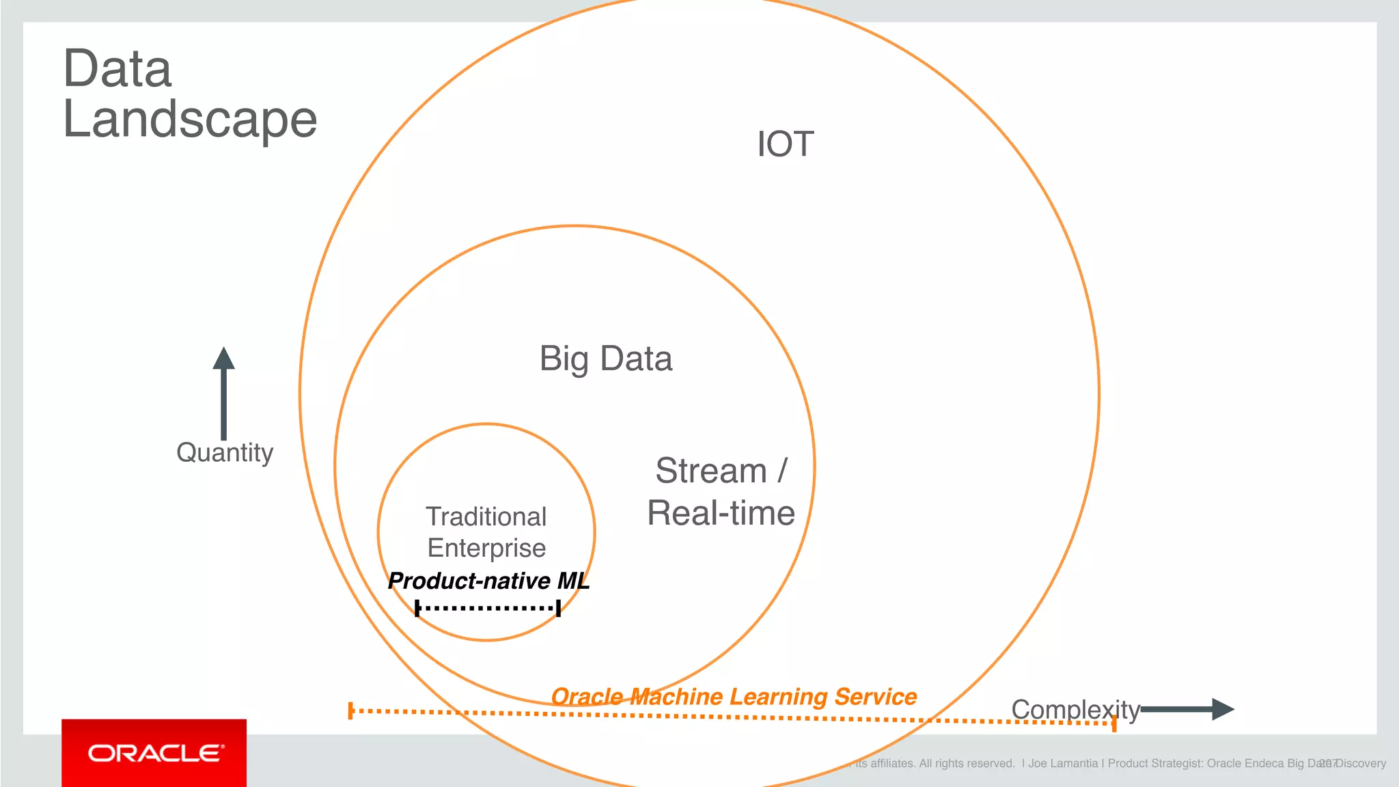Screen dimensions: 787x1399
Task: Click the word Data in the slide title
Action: (x=117, y=69)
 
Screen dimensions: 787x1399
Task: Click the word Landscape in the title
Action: (x=190, y=120)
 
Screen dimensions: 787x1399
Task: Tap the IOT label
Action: (x=785, y=145)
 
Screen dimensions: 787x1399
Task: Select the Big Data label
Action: (x=606, y=359)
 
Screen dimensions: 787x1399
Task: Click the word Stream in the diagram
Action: (x=710, y=471)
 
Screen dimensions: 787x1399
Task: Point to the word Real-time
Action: (x=721, y=513)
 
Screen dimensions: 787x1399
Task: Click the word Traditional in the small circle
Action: (x=486, y=517)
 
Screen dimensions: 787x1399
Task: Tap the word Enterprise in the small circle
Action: (x=486, y=548)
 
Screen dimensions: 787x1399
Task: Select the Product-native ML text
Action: (x=488, y=581)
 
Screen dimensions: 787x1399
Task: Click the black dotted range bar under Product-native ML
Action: (x=488, y=607)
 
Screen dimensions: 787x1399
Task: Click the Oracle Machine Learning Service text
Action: (x=734, y=696)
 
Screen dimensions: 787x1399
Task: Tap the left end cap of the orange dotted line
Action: (x=350, y=710)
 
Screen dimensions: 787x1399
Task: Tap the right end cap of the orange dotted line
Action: (x=1114, y=723)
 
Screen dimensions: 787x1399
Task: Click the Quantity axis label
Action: (x=225, y=453)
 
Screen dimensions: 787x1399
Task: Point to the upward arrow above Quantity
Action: (x=223, y=393)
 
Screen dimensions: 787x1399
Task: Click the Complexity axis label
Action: (x=1075, y=710)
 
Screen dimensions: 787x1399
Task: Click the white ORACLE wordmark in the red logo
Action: (x=155, y=753)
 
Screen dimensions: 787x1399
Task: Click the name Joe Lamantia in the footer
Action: (x=1063, y=764)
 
